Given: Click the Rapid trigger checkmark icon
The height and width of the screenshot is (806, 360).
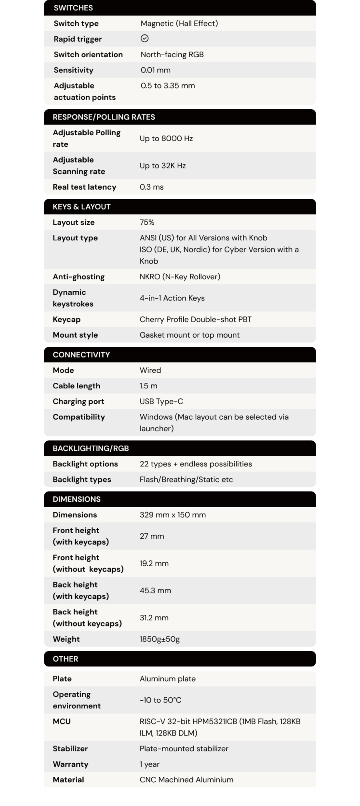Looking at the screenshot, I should (x=145, y=38).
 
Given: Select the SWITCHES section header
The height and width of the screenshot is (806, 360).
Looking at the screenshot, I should (x=73, y=8).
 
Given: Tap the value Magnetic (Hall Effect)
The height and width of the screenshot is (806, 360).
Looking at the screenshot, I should (x=179, y=23).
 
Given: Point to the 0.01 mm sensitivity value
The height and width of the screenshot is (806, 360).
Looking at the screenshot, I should (x=156, y=70).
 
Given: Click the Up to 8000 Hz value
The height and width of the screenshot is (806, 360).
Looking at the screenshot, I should (x=166, y=138).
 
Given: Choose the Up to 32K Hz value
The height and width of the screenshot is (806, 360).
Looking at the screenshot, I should (x=163, y=166).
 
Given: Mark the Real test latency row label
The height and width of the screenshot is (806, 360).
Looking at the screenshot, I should (x=84, y=187).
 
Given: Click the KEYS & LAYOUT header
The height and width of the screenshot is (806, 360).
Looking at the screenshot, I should (x=82, y=207).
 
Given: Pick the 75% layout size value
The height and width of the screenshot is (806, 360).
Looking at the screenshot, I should (x=147, y=222).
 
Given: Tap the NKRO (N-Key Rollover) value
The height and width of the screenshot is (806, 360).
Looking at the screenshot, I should (x=180, y=277).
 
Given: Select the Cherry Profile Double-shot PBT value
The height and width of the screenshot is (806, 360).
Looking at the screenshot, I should (x=196, y=320).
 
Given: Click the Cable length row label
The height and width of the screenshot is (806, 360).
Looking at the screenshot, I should (x=76, y=386).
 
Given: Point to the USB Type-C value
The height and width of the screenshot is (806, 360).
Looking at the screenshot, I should (x=161, y=402).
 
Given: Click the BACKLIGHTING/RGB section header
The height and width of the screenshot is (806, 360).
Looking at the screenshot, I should (x=91, y=448).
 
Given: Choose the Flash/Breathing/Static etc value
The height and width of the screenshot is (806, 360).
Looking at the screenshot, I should (x=186, y=480).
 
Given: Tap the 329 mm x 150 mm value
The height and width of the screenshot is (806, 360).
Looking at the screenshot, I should (x=173, y=515).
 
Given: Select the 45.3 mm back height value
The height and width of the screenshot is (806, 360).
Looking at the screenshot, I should (x=155, y=591).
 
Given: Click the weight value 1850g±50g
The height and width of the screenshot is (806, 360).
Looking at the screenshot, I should (x=160, y=639).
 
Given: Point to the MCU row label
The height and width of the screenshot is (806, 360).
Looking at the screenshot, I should (x=62, y=722).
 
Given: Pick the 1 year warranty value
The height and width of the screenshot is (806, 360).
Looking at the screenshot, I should (x=150, y=764).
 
